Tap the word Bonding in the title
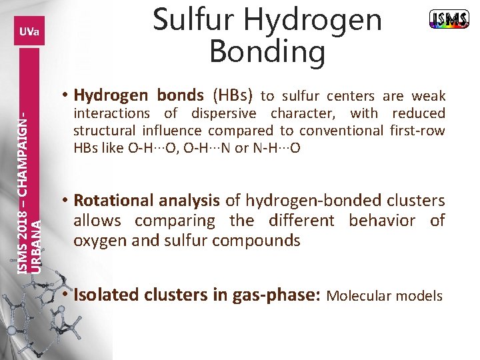pyautogui.click(x=267, y=51)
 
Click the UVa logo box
pyautogui.click(x=29, y=31)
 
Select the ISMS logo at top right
pyautogui.click(x=449, y=20)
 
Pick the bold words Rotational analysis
pyautogui.click(x=147, y=200)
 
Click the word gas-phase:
pyautogui.click(x=276, y=295)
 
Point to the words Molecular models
pyautogui.click(x=385, y=295)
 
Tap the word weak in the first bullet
pyautogui.click(x=428, y=96)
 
